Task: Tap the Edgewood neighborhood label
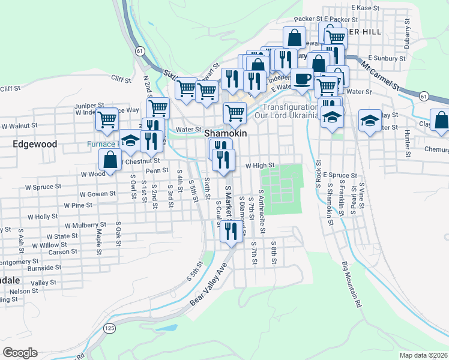coord(35,145)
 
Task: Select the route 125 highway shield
coord(109,328)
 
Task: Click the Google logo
coord(20,353)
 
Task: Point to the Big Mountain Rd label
coord(352,284)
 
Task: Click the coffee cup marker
coord(303,79)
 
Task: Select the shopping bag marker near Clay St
coord(441,120)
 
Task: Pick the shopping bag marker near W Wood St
coord(110,160)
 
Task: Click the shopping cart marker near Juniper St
coord(107,119)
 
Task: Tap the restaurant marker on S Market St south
coord(231,232)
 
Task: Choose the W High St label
coord(260,165)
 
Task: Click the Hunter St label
coord(407,144)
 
